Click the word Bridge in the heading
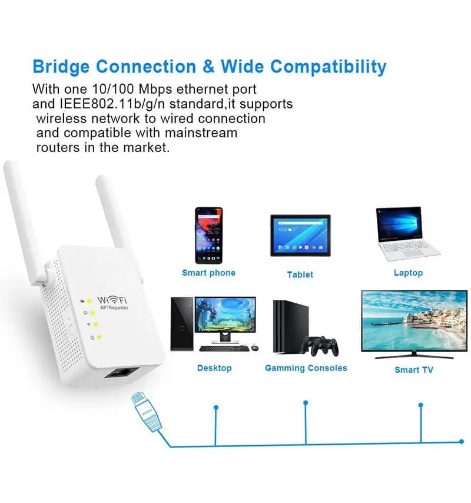[x=61, y=67]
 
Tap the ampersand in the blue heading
[x=208, y=67]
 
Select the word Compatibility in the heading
[x=329, y=67]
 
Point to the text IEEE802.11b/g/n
[x=112, y=104]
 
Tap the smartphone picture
[x=208, y=236]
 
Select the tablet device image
[x=300, y=236]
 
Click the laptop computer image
[x=407, y=233]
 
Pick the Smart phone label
[x=209, y=273]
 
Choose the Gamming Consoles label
[x=306, y=368]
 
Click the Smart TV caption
[x=414, y=370]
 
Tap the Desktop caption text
[x=214, y=368]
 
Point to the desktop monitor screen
[x=225, y=315]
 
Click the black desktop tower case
[x=182, y=324]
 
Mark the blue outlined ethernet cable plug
[x=146, y=412]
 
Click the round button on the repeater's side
[x=71, y=330]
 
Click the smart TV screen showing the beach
[x=414, y=321]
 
